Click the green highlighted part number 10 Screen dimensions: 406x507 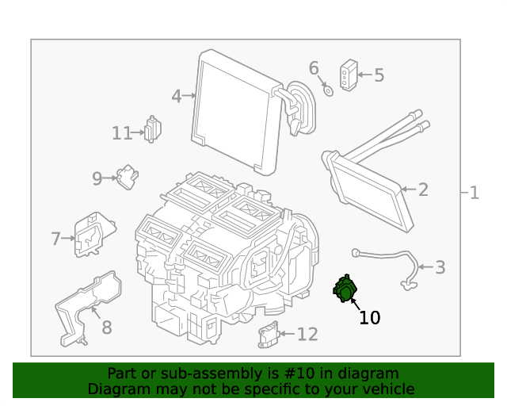click(x=345, y=289)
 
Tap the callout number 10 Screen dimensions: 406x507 click(x=369, y=318)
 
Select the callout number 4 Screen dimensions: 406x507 click(x=177, y=97)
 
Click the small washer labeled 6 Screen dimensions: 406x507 click(x=327, y=89)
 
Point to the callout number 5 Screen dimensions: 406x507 click(x=379, y=75)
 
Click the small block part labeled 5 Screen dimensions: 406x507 click(x=348, y=74)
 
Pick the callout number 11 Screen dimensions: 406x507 click(x=121, y=133)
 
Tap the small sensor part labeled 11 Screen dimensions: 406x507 click(x=152, y=128)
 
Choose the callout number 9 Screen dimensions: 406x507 click(x=97, y=178)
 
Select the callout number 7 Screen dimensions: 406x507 click(x=55, y=238)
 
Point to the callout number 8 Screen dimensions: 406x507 click(x=106, y=327)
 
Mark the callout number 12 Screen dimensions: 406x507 click(x=307, y=335)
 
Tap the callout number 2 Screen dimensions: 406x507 click(x=423, y=190)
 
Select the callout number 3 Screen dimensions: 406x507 click(x=440, y=267)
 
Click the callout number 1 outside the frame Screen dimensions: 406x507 click(x=474, y=193)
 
